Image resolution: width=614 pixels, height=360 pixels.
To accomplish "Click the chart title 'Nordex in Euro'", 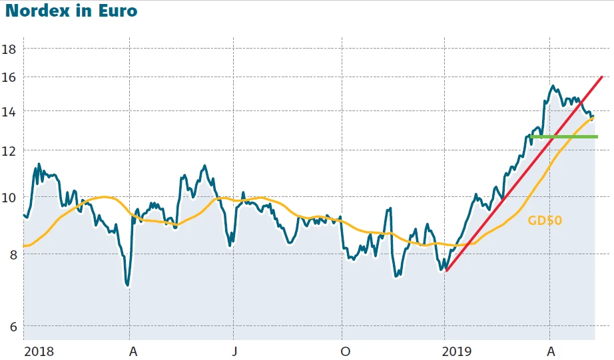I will click(71, 11).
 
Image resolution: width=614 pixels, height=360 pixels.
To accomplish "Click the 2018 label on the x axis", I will click(39, 351).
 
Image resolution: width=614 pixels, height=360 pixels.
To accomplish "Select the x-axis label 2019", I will click(457, 351).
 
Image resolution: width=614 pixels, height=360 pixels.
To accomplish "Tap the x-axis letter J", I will click(234, 351).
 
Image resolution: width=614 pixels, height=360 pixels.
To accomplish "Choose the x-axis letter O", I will click(344, 351).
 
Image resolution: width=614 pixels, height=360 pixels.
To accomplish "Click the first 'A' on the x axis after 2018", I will click(133, 351).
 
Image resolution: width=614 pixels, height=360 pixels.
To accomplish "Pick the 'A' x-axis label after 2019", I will click(551, 351).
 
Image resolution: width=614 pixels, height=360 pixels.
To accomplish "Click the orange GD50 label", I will click(545, 221).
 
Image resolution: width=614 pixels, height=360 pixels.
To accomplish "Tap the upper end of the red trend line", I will click(601, 77).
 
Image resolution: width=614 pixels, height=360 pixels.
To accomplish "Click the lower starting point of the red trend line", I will click(446, 270).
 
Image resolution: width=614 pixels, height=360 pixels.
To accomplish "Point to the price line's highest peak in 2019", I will click(553, 86).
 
